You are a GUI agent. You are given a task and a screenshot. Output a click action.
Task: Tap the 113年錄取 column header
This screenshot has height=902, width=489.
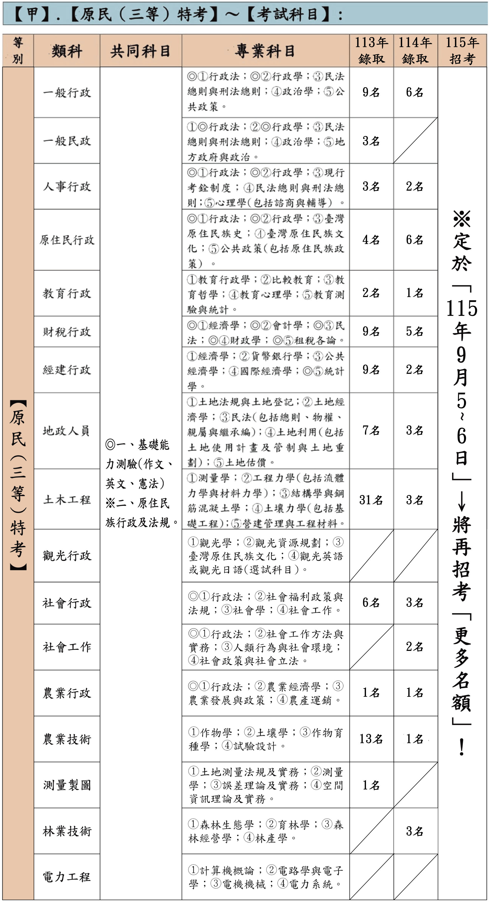tap(371, 51)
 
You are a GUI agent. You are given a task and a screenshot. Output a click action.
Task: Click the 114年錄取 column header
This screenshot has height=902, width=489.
tap(415, 51)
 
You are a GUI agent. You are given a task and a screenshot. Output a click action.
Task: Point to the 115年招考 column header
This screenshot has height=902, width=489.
tap(462, 51)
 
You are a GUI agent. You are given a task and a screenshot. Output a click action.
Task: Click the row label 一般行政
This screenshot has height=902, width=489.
tap(67, 93)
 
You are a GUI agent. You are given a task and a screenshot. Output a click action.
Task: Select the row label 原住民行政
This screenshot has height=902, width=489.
tap(67, 240)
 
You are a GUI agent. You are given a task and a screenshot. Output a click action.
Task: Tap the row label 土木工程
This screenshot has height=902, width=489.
tap(67, 500)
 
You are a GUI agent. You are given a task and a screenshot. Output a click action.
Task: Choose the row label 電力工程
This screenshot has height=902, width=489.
tap(67, 877)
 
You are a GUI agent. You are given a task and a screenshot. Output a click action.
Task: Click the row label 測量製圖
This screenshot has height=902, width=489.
tap(67, 785)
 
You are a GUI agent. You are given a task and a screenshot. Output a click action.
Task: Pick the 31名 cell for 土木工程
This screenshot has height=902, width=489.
tap(371, 500)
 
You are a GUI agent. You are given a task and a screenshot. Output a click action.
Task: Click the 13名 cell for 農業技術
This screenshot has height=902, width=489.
tap(371, 739)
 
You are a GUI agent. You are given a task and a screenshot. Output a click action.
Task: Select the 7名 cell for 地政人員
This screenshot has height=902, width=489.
tap(371, 430)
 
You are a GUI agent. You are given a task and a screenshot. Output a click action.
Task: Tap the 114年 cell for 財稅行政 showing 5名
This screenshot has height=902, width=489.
tap(415, 331)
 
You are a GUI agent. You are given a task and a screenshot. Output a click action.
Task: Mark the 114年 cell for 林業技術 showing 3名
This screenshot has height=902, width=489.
tap(415, 831)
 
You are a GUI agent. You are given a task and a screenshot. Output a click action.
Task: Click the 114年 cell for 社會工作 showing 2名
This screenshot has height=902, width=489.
tap(415, 646)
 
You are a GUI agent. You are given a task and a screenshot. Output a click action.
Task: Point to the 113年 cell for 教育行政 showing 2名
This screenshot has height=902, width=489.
tap(371, 293)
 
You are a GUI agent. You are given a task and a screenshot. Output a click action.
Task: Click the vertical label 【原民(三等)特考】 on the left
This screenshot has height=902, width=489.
tap(18, 485)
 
